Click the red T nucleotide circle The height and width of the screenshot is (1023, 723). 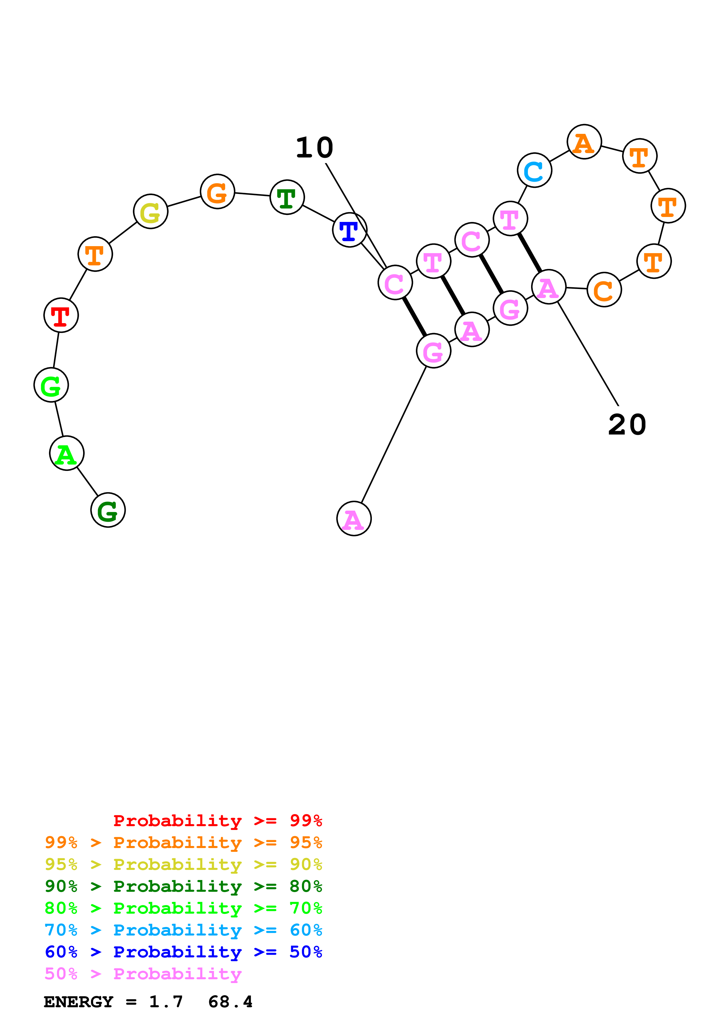pos(61,315)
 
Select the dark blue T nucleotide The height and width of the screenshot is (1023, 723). pos(350,230)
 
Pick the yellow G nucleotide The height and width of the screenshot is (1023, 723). pos(150,211)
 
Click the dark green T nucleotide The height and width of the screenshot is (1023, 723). pos(287,197)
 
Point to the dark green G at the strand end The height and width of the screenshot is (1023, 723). pos(108,510)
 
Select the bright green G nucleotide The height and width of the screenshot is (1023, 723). pos(51,385)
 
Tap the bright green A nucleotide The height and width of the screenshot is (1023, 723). pos(67,453)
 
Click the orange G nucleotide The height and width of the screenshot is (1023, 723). pos(217,192)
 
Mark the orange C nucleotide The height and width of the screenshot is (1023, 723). pos(604,290)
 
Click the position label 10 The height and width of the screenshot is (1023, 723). pos(314,148)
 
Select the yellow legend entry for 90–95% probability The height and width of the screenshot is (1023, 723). pos(183,864)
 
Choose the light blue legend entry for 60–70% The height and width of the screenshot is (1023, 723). pos(183,930)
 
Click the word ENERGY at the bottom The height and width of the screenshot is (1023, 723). pos(78,1002)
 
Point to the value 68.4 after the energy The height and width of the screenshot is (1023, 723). pos(230,1002)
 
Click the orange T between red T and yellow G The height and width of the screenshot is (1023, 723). pos(95,254)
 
